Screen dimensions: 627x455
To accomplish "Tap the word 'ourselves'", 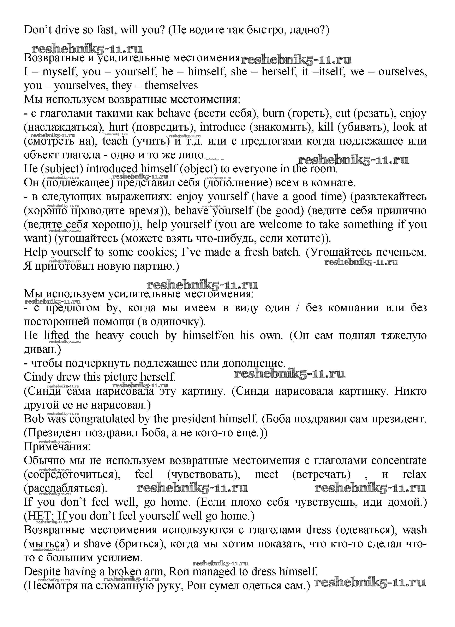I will click(x=402, y=72).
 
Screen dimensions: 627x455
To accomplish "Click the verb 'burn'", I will click(x=273, y=113).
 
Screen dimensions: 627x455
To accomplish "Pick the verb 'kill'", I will click(x=325, y=127).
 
